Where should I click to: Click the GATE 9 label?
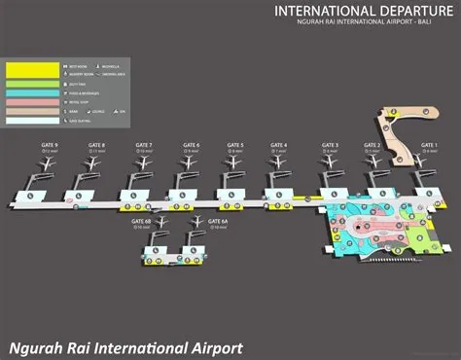tap(50, 145)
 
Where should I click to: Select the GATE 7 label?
tap(144, 145)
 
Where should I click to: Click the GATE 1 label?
tap(430, 145)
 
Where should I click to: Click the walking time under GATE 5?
tap(236, 153)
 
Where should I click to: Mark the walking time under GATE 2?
tap(372, 153)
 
